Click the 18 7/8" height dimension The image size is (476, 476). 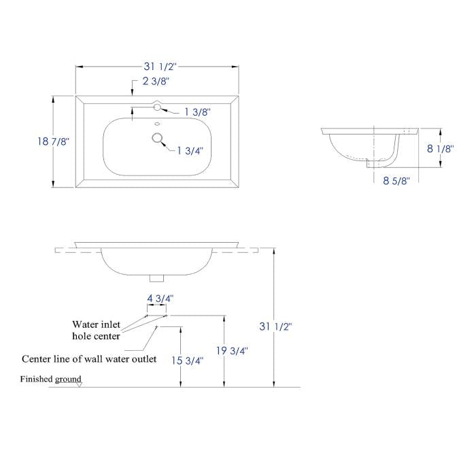pos(54,141)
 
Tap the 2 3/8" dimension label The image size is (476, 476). pos(156,81)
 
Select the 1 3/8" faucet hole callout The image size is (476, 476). pos(197,112)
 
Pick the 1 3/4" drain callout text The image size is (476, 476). pos(190,150)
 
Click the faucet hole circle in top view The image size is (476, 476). pos(157,107)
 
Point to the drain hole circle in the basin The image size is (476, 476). pos(157,138)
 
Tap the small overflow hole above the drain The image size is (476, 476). pos(157,124)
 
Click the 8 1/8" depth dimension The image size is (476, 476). pos(440,148)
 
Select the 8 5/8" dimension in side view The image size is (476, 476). pos(396,181)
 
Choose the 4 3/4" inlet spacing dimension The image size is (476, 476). pos(160,299)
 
